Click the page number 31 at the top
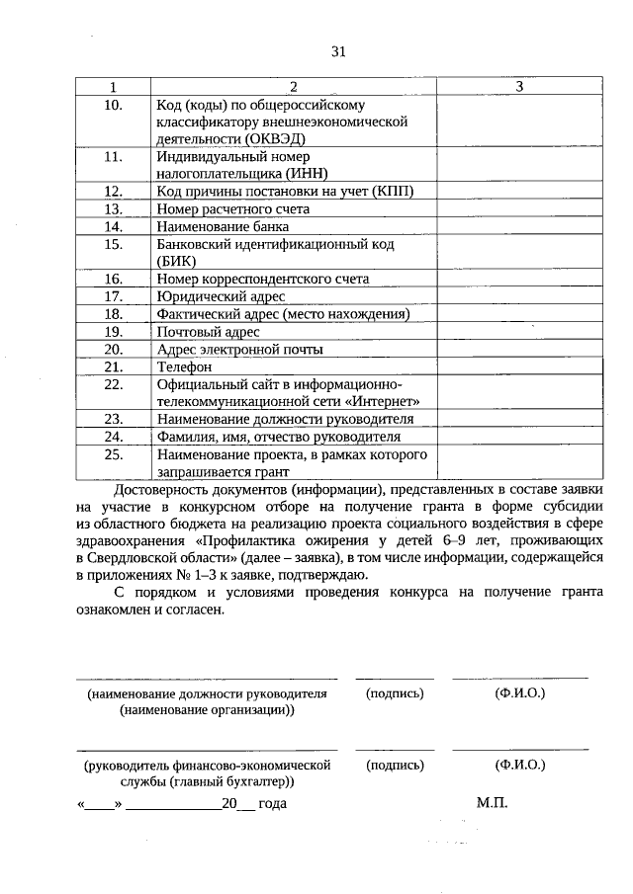click(x=338, y=51)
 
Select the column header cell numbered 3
click(x=519, y=88)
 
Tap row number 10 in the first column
click(x=113, y=105)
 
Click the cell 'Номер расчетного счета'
click(x=233, y=208)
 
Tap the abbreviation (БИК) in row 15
click(x=177, y=261)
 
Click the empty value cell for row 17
click(x=519, y=296)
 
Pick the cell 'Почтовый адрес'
click(x=205, y=332)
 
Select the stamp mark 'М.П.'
click(x=492, y=803)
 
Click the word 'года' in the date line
click(x=271, y=804)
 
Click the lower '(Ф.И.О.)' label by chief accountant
click(x=520, y=765)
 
